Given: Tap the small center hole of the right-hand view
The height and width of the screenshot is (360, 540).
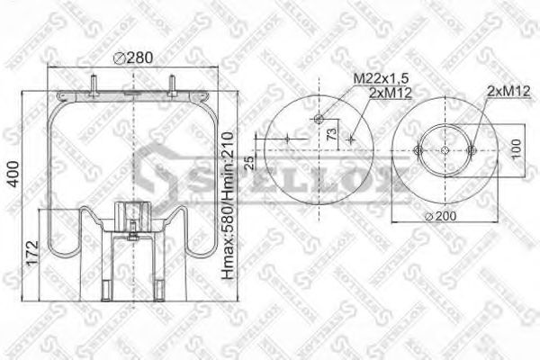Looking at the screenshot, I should click(447, 148).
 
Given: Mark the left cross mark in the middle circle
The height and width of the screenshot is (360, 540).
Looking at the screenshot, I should click(286, 139).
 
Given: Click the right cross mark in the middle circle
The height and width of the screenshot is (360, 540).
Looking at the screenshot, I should click(352, 139).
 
